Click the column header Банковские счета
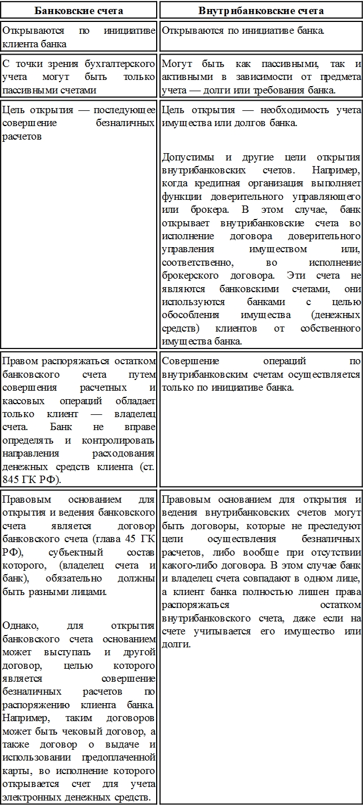tap(79, 10)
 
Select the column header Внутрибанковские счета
tap(261, 10)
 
